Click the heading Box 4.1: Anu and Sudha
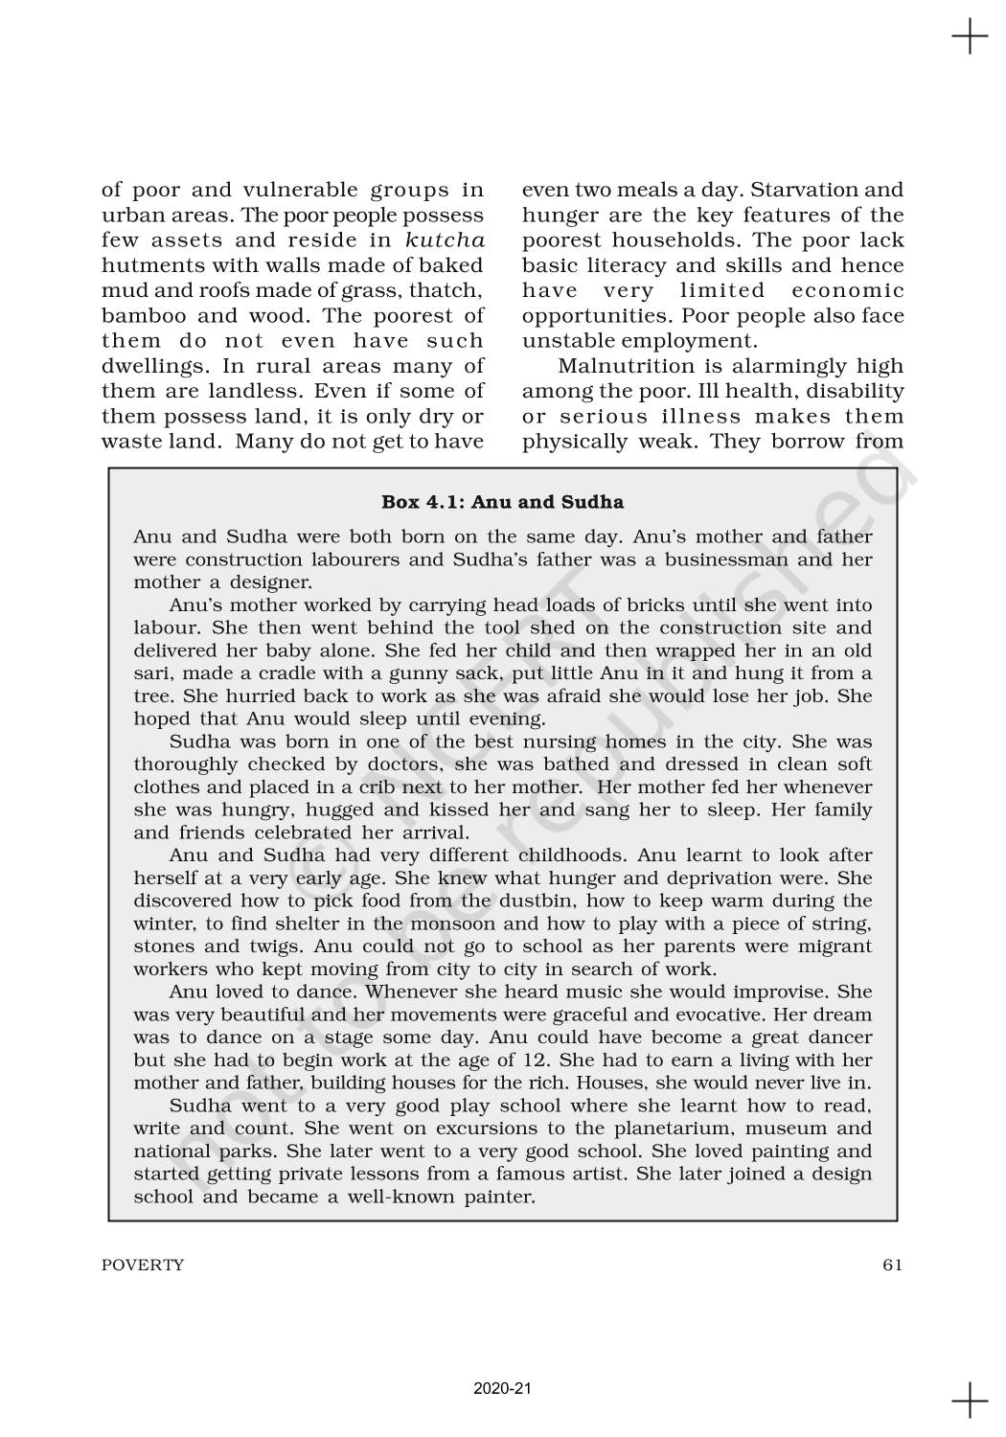[x=502, y=502]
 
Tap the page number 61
[x=892, y=1265]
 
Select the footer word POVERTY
[x=143, y=1265]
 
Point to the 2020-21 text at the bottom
[x=502, y=1387]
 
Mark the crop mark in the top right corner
[x=970, y=37]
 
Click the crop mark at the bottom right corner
[x=970, y=1400]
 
